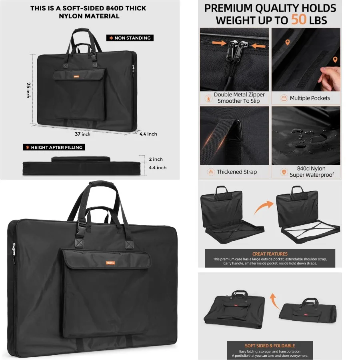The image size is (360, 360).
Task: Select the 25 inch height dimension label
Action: pyautogui.click(x=28, y=90)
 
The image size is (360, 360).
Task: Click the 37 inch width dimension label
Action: pyautogui.click(x=82, y=134)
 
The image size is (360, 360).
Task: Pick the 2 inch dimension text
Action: pyautogui.click(x=156, y=159)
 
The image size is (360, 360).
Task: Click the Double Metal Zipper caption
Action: pyautogui.click(x=239, y=98)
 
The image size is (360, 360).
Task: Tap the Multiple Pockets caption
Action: pyautogui.click(x=310, y=98)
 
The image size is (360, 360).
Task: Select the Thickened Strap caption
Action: pyautogui.click(x=237, y=172)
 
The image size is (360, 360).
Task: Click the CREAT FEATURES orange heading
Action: pyautogui.click(x=270, y=254)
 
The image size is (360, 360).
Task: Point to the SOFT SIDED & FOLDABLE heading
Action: pyautogui.click(x=270, y=346)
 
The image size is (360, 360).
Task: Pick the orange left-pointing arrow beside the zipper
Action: pyautogui.click(x=259, y=46)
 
